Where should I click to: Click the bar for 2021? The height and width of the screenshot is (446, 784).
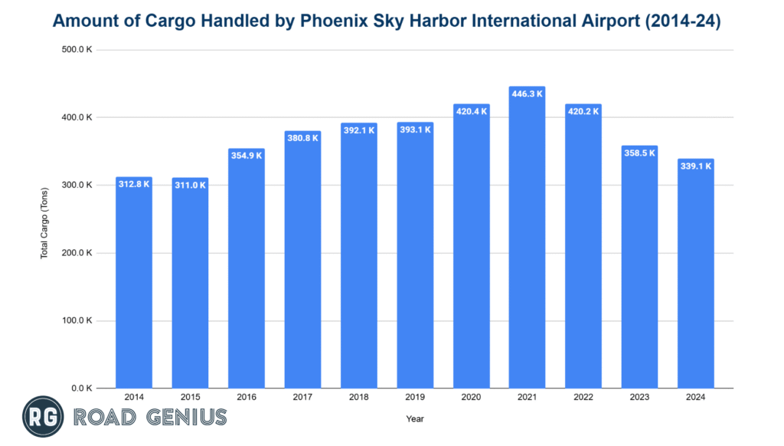(527, 245)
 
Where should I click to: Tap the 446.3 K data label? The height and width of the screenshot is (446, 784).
(527, 93)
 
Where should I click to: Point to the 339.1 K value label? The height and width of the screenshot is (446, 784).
(696, 166)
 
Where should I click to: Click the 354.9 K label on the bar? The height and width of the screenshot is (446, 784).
(246, 156)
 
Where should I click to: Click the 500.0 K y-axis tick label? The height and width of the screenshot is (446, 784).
(77, 51)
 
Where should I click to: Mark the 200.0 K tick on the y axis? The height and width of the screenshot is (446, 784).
(77, 253)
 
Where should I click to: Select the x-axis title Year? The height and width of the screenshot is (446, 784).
(414, 419)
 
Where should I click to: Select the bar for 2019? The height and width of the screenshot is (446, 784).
(414, 261)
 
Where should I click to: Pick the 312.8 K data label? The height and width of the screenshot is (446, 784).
(134, 184)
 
